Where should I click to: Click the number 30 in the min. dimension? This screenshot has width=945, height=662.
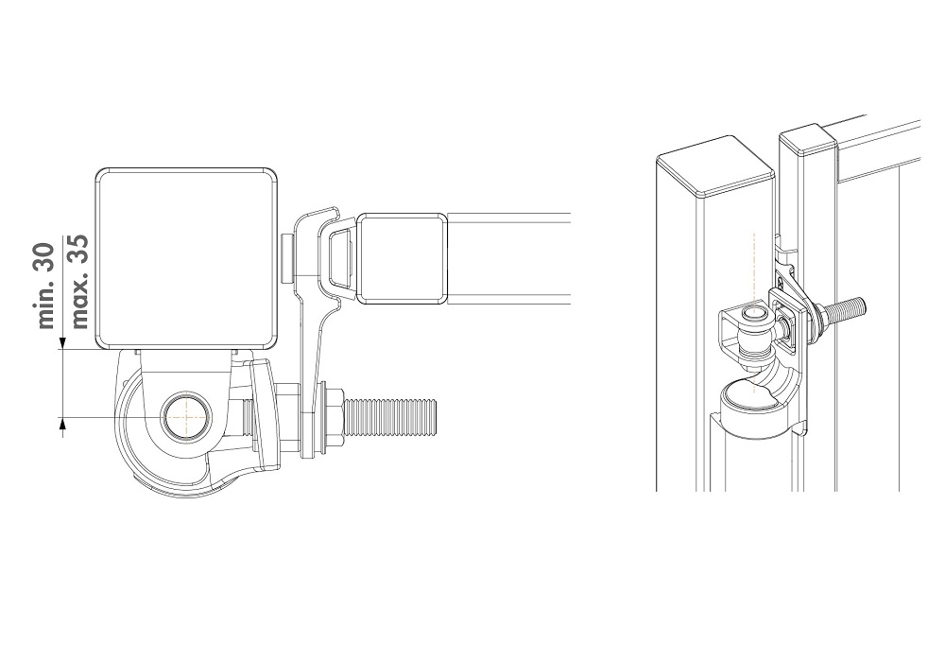pos(46,256)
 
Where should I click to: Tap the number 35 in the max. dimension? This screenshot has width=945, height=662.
pos(79,248)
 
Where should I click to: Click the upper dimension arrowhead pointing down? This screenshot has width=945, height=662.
pos(62,344)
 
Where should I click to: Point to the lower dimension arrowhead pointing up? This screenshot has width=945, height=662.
pos(62,424)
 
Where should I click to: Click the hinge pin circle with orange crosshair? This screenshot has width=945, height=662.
pos(186,417)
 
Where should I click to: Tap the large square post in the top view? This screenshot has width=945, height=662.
pos(187,258)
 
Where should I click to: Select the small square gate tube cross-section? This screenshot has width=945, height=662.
pos(402,258)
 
